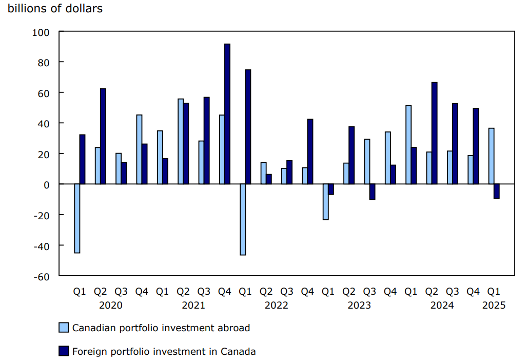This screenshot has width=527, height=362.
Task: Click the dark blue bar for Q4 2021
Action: point(227,114)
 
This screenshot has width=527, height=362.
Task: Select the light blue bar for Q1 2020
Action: point(77,218)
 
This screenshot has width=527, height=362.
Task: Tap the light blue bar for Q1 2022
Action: point(243,219)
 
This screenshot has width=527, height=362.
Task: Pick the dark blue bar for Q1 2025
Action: point(497,191)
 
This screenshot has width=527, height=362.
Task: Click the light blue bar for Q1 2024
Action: point(408,144)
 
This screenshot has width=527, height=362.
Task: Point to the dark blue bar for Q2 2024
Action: point(435,133)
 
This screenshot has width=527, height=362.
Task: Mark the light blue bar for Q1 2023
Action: point(325,202)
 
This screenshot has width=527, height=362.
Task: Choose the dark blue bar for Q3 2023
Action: point(372,192)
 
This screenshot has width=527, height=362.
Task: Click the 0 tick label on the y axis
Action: point(46,184)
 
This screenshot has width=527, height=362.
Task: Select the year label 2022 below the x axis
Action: point(276,306)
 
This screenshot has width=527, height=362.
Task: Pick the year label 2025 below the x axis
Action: point(494,306)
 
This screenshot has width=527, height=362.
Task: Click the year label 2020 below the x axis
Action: point(110,306)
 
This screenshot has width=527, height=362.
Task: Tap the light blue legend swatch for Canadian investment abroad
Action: point(64,328)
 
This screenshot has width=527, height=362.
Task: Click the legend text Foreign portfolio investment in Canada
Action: point(164,352)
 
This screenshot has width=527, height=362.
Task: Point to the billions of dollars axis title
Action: point(55,9)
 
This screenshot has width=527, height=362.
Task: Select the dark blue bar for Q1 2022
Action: point(248,127)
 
